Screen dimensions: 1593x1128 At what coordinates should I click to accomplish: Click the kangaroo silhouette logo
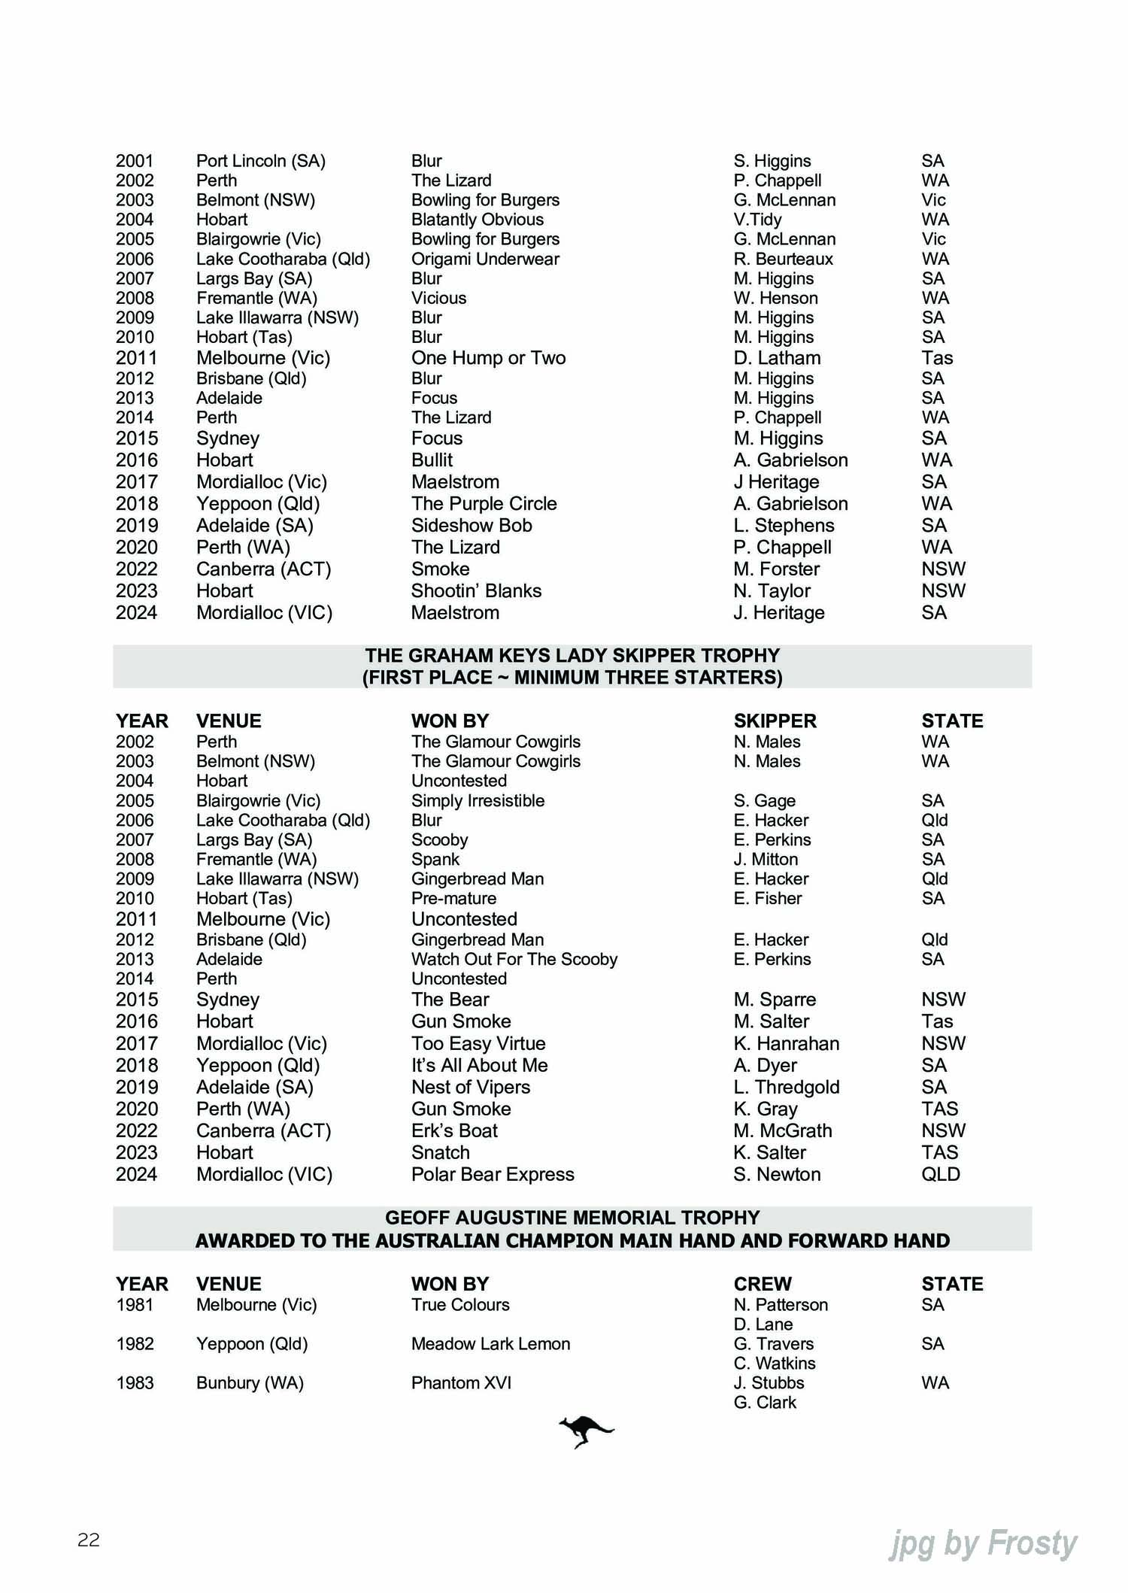pos(586,1431)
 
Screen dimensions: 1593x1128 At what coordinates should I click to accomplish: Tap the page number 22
pos(89,1540)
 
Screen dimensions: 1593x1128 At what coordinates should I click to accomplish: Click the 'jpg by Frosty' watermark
pos(983,1543)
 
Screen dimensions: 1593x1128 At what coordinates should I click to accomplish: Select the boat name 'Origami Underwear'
pos(485,259)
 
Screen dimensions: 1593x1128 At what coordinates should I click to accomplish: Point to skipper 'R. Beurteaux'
pos(783,259)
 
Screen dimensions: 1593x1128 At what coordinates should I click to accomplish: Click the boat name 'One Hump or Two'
pos(488,358)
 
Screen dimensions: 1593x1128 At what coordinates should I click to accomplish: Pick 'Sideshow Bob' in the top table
pos(472,526)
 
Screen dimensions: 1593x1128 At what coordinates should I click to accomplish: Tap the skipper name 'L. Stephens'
pos(784,526)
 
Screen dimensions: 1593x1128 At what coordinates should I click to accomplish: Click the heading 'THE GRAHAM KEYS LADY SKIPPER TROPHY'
pos(572,656)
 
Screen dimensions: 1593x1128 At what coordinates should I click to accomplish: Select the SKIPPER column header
pos(775,721)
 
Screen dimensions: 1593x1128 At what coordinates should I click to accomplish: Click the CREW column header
pos(763,1284)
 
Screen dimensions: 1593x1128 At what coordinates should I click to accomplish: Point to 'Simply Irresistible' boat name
pos(478,800)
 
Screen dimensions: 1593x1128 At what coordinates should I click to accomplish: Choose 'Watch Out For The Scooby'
pos(514,959)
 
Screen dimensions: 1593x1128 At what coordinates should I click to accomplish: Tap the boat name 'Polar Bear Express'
pos(493,1174)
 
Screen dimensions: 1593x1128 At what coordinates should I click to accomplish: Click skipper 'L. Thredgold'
pos(787,1087)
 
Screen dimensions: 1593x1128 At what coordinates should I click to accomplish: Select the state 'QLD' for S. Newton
pos(941,1174)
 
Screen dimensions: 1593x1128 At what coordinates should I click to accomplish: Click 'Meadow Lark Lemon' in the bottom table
pos(490,1343)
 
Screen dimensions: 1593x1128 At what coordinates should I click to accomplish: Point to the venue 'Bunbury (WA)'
pos(250,1382)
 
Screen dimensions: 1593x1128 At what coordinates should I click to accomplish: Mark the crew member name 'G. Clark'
pos(765,1402)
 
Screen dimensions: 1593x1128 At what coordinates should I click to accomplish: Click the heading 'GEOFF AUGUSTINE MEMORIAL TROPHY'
pos(572,1218)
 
